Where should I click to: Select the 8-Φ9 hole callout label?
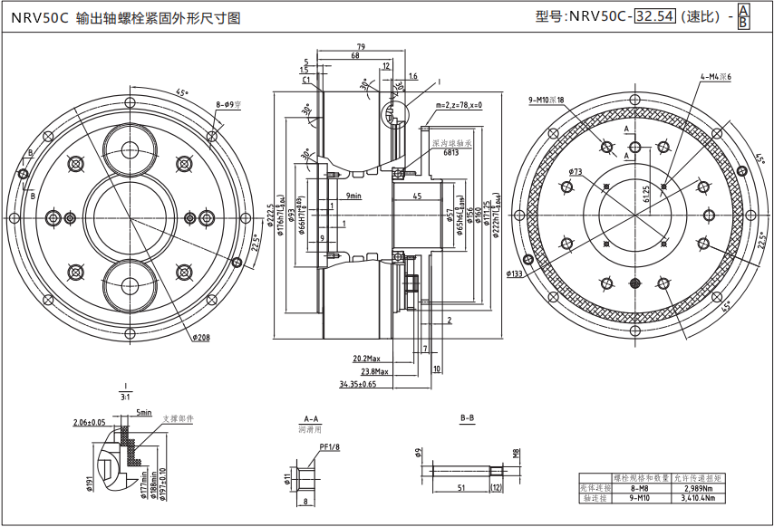point(228,104)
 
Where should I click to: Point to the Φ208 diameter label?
point(200,337)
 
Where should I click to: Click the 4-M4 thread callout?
point(715,77)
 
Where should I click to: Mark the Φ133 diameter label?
point(514,273)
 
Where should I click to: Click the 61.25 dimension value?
point(645,195)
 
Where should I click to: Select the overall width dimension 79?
point(360,46)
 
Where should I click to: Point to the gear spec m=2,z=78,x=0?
point(459,105)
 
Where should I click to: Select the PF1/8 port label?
point(329,446)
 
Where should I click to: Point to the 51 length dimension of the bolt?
point(461,487)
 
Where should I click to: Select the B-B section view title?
point(468,418)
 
